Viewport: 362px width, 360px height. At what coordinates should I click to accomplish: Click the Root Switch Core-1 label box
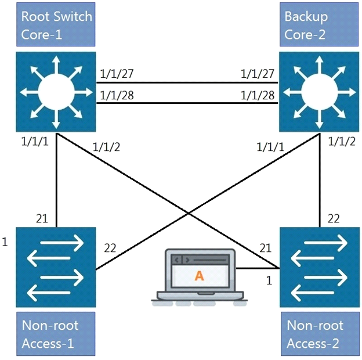click(x=56, y=25)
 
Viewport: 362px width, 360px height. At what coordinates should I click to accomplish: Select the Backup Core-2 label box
click(x=318, y=25)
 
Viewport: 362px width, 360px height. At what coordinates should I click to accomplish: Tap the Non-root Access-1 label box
click(x=56, y=334)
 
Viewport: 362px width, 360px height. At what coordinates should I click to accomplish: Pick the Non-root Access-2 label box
click(x=318, y=334)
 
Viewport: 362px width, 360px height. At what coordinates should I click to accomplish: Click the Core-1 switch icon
click(x=56, y=91)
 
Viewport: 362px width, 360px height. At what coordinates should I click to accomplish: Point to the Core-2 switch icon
click(x=318, y=91)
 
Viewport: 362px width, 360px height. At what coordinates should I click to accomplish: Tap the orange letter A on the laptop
click(x=200, y=276)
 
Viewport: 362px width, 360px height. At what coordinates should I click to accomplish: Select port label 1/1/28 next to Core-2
click(x=258, y=95)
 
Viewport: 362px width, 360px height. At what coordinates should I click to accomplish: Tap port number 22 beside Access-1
click(x=110, y=248)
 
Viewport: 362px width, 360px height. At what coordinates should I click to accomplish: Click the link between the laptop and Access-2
click(x=258, y=268)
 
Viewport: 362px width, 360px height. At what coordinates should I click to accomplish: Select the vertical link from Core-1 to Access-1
click(x=56, y=180)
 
